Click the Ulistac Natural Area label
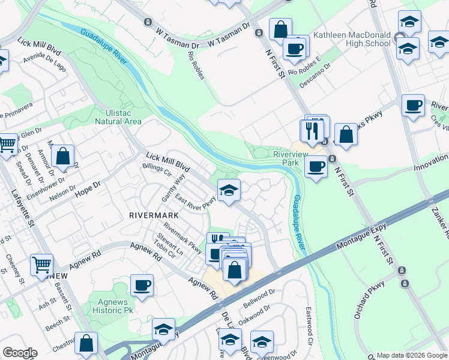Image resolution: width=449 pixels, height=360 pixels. coord(118,116)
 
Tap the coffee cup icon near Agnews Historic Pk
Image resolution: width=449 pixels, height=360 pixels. coord(142,286)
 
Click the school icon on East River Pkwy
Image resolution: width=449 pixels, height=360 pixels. coord(229,191)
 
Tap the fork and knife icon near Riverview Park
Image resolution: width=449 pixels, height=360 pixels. coord(312,131)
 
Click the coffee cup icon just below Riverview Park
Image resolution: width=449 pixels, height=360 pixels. coord(316,166)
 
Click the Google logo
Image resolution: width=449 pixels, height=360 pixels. coord(20,353)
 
